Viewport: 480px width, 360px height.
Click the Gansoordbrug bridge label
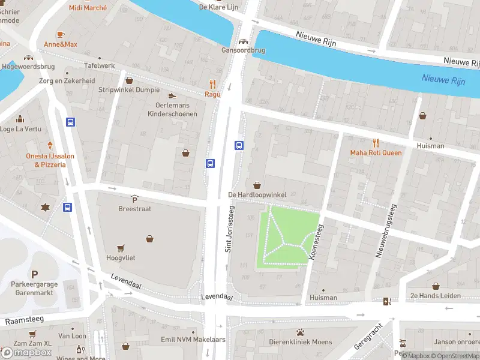(x=244, y=50)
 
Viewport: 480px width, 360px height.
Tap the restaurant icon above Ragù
(x=212, y=84)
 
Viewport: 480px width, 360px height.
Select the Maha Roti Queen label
(x=376, y=152)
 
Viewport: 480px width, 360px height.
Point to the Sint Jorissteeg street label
(x=229, y=229)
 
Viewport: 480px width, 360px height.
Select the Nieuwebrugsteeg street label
(x=386, y=231)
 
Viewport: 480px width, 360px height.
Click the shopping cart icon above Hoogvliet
(x=121, y=247)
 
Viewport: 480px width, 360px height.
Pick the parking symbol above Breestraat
(x=134, y=199)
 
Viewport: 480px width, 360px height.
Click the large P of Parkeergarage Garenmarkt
(x=34, y=274)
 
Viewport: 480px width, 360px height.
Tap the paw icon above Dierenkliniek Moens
(x=300, y=332)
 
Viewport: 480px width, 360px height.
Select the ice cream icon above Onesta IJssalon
(x=50, y=145)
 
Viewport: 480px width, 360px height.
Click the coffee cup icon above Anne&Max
(x=60, y=34)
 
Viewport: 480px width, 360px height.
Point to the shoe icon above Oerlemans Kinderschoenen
(x=172, y=95)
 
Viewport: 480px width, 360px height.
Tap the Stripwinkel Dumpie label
(x=129, y=90)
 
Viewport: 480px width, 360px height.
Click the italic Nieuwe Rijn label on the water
(x=443, y=79)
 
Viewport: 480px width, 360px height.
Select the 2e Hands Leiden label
(x=436, y=296)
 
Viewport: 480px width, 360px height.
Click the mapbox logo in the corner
(x=27, y=352)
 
